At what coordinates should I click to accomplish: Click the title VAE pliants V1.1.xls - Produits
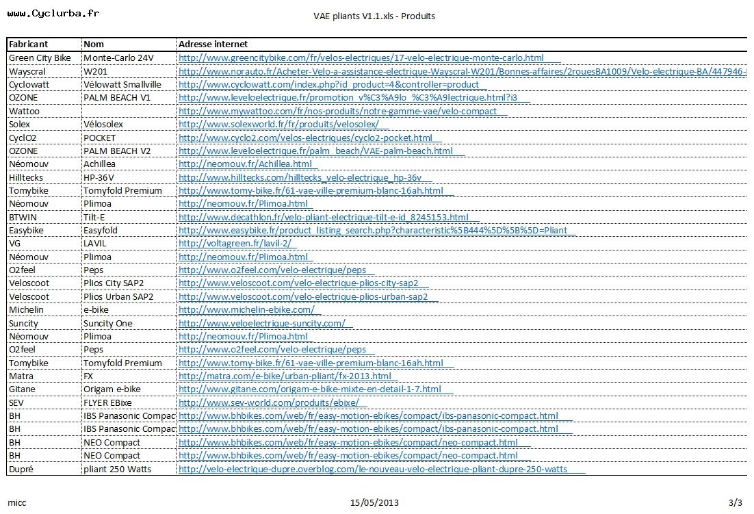point(374,16)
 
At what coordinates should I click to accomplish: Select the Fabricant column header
point(28,44)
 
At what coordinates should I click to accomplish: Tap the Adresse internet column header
point(213,44)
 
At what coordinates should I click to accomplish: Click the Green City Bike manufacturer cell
point(40,58)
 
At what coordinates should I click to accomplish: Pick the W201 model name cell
point(95,71)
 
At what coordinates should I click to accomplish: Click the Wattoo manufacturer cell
point(24,111)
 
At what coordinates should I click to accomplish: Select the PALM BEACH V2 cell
point(117,151)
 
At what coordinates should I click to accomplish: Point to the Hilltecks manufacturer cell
point(26,177)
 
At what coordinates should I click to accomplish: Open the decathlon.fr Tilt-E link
point(324,217)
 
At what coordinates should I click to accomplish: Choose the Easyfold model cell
point(101,231)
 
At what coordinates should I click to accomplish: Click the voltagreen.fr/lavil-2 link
point(235,244)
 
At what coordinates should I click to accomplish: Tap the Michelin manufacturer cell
point(26,310)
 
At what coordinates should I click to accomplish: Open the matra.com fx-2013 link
point(285,376)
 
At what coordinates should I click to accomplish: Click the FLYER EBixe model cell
point(107,403)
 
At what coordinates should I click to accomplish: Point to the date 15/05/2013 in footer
point(374,503)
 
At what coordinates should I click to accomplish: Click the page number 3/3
point(736,503)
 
